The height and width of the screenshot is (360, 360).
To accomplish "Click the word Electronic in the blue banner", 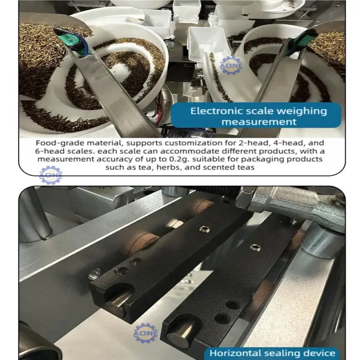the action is [x=216, y=111].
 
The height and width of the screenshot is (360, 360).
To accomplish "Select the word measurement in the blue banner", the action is [x=259, y=122].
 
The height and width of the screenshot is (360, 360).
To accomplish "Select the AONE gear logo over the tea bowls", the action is [x=230, y=66].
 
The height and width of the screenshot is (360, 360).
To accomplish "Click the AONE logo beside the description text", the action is [x=51, y=175].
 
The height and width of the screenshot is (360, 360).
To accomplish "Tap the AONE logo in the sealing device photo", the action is [x=146, y=333].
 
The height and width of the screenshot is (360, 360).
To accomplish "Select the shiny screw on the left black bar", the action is [x=204, y=229].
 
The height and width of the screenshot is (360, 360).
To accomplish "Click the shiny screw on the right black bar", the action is [x=255, y=247].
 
